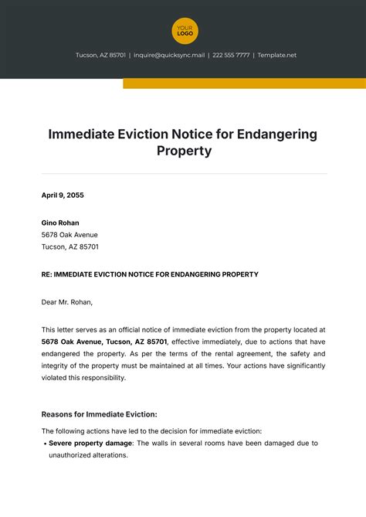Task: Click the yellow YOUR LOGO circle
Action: [x=185, y=31]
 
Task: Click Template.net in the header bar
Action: [x=276, y=56]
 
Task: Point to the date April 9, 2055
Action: [x=63, y=196]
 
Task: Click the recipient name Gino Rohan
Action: [x=60, y=223]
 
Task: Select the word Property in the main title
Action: [x=183, y=151]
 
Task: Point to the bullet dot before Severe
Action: [x=44, y=444]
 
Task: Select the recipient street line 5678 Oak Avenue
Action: [x=69, y=235]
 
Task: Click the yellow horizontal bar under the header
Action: [x=244, y=83]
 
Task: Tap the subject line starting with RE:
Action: [x=150, y=274]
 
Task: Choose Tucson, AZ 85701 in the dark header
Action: [x=101, y=56]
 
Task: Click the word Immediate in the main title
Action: [x=83, y=134]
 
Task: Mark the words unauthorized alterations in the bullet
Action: [x=87, y=456]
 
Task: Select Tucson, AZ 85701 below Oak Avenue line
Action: [x=70, y=247]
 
